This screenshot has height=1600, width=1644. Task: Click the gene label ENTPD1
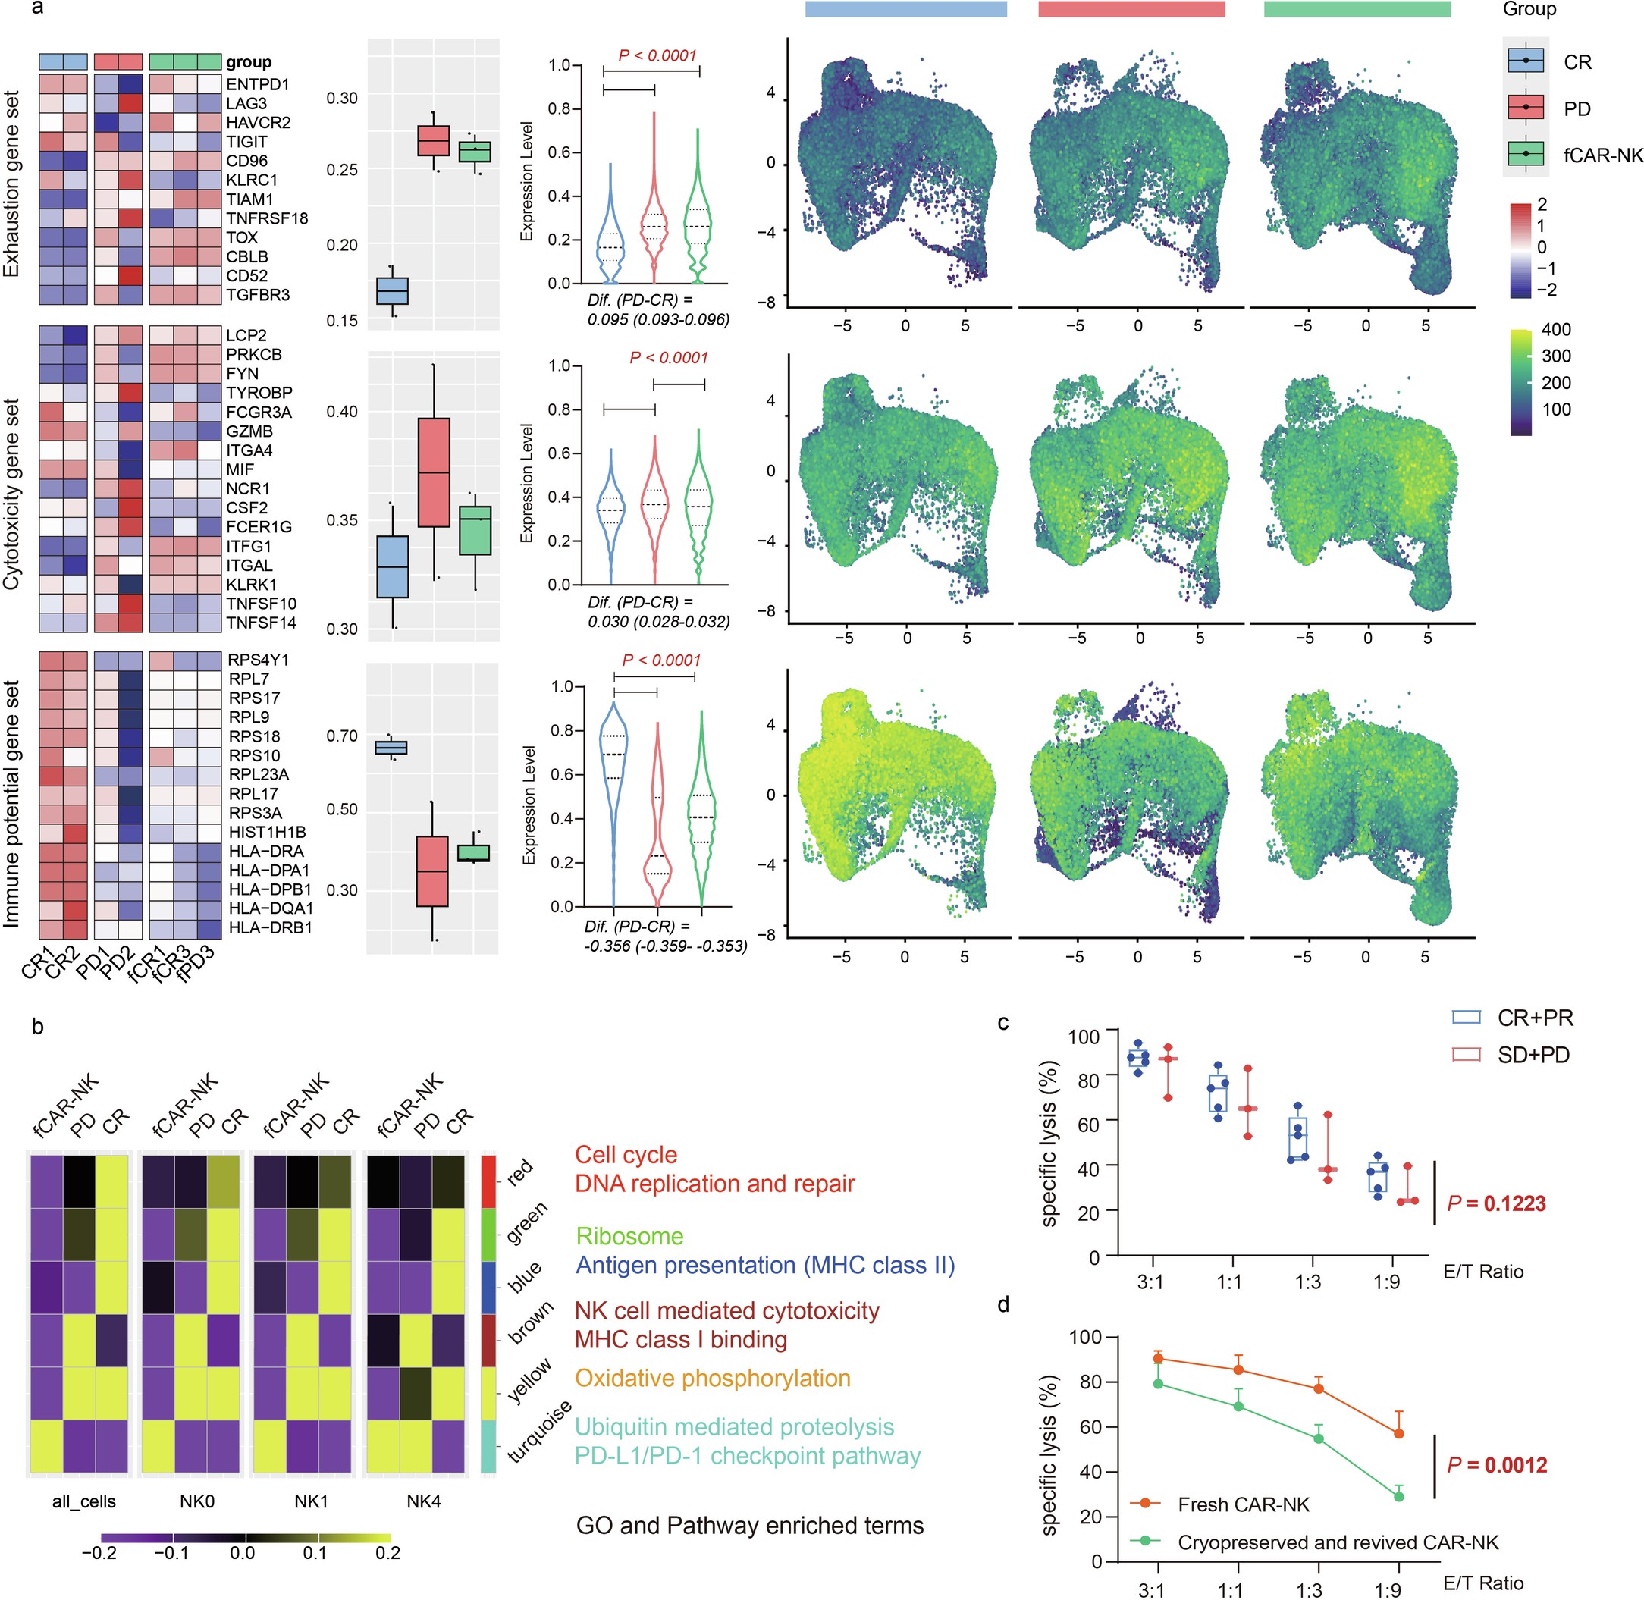[257, 84]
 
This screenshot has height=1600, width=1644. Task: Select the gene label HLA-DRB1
[270, 927]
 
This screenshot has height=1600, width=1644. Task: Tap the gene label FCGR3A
[259, 412]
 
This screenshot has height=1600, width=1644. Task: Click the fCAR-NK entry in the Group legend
[1603, 154]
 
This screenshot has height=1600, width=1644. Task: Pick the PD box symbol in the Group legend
[1526, 108]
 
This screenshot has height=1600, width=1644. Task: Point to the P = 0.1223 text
[1496, 1203]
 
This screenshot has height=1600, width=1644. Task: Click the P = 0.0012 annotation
[1496, 1465]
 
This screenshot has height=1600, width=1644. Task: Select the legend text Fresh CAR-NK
[1243, 1504]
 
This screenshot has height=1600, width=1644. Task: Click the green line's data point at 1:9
[1398, 1496]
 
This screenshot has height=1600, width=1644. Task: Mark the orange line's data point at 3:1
[1157, 1358]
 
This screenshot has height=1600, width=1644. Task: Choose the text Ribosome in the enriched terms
[629, 1236]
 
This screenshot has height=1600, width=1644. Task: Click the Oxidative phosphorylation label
[713, 1378]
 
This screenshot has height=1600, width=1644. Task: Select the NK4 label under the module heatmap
[424, 1501]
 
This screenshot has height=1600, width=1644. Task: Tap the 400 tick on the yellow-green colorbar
[1556, 329]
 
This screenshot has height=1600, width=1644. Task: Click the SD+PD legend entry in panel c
[1533, 1055]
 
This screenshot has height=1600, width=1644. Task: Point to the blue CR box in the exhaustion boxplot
[392, 290]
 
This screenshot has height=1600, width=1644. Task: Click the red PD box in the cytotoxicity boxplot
[434, 472]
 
